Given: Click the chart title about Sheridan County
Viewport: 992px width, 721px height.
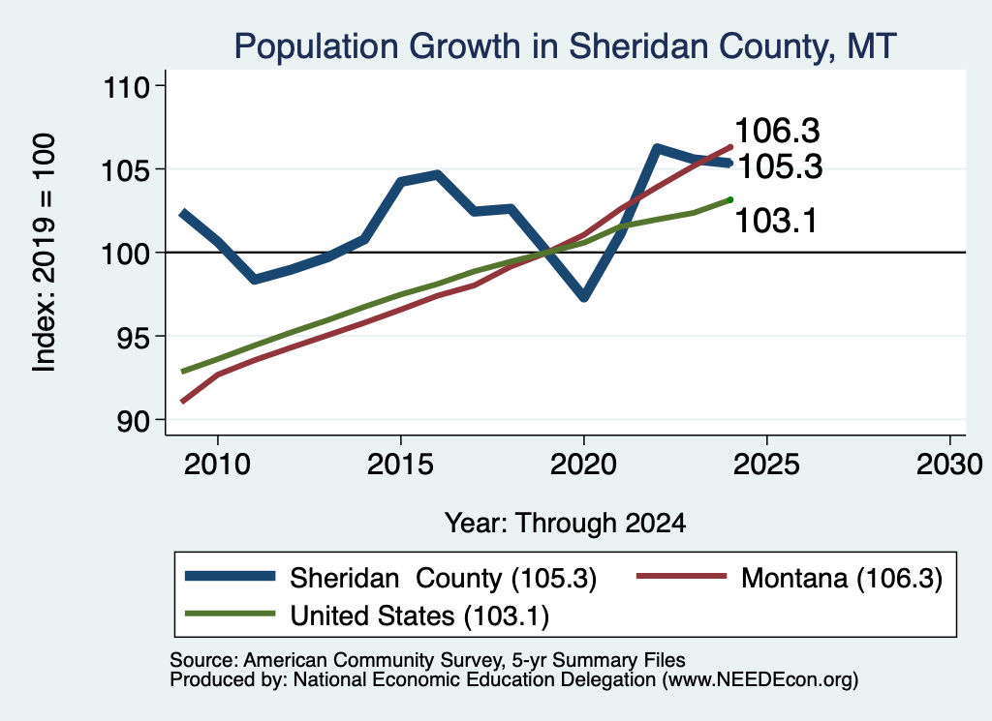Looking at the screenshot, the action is click(x=565, y=46).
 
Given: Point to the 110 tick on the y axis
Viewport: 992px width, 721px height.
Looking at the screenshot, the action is click(x=127, y=86).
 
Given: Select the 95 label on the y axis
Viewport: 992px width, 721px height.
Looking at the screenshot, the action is click(x=134, y=337).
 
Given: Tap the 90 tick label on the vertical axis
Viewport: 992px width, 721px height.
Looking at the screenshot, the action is click(x=134, y=421).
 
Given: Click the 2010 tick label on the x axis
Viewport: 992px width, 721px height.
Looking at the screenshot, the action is click(x=217, y=466).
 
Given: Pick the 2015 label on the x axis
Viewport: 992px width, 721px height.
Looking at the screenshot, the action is click(x=400, y=466).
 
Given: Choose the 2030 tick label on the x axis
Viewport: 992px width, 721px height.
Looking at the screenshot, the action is click(x=949, y=466).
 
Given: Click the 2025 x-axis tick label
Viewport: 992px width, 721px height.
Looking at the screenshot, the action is click(x=766, y=466).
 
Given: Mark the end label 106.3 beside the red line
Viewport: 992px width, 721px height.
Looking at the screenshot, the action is click(x=778, y=132).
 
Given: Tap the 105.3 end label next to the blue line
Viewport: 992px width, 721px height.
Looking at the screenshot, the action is click(x=781, y=167).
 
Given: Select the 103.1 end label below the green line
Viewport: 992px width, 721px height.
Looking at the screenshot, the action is click(x=776, y=222).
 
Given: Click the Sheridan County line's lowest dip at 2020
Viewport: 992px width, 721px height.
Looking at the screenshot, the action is click(x=584, y=296).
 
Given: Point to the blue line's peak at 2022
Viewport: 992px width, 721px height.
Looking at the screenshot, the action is click(x=658, y=148).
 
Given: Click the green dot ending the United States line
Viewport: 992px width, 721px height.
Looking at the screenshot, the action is click(x=730, y=199).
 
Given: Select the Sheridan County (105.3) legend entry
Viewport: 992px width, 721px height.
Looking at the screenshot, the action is click(x=390, y=578).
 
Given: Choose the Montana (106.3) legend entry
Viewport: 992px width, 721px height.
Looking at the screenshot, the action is click(x=789, y=578).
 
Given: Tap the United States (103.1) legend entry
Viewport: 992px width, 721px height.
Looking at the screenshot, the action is click(x=367, y=616).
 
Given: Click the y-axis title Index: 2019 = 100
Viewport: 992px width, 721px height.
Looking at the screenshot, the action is click(x=44, y=253).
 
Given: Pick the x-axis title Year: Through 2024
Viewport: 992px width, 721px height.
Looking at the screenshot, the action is click(x=565, y=524).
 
